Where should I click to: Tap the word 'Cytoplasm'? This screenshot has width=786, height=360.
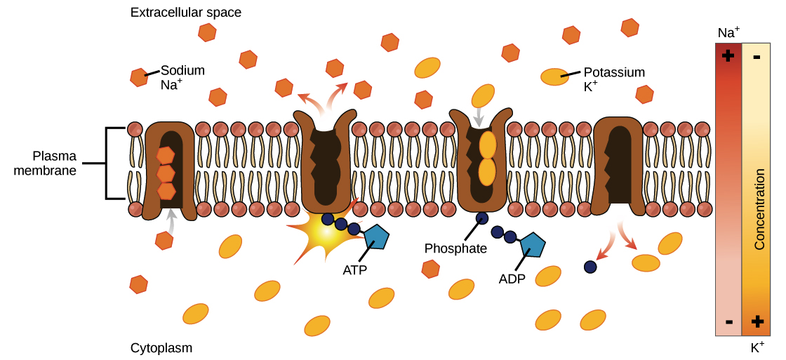[161, 348]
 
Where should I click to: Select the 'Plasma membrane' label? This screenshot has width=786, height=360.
[45, 163]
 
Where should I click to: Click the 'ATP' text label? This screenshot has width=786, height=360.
[354, 269]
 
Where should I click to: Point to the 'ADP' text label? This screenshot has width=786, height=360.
[512, 279]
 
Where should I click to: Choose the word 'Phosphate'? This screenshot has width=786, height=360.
[455, 248]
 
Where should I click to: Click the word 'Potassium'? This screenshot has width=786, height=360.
[614, 72]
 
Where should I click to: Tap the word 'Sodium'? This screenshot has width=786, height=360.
[182, 70]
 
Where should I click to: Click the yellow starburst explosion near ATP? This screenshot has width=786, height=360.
[319, 235]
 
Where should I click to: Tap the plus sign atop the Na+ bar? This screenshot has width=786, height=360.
[728, 55]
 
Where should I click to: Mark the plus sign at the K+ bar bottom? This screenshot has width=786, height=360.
[757, 321]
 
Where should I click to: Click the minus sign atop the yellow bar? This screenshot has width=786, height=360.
[757, 56]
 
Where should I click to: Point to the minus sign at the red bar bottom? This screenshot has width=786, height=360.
[728, 322]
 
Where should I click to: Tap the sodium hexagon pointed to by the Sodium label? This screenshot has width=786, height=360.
[139, 77]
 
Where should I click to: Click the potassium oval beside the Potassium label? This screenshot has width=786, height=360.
[554, 77]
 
